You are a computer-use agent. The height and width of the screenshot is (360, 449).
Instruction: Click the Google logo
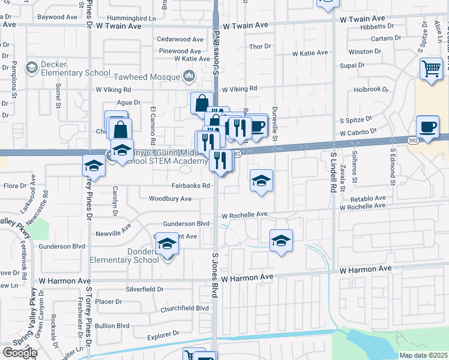(x=19, y=353)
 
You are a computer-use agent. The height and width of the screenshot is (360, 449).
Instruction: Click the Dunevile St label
(x=275, y=129)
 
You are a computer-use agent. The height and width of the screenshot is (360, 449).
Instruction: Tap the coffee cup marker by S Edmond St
(x=427, y=127)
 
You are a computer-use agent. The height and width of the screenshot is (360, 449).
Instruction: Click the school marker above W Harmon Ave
(x=281, y=241)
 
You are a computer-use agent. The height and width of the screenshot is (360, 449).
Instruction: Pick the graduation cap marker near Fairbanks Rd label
(x=261, y=181)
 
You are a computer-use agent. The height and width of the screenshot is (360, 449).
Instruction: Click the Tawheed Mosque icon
(x=189, y=76)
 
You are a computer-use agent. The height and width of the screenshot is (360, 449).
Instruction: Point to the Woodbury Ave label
(x=170, y=199)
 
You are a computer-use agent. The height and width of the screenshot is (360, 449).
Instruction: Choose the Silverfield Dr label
(x=145, y=289)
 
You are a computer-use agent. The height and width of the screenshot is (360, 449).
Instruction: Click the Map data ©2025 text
(x=423, y=355)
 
